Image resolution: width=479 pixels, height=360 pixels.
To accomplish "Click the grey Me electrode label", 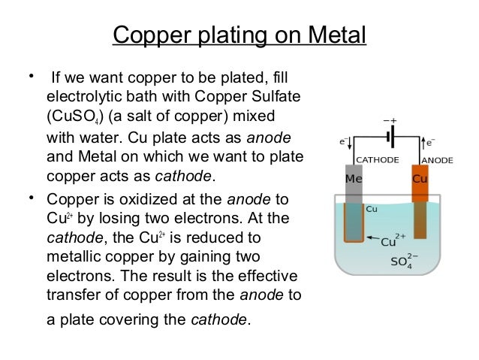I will click(352, 180).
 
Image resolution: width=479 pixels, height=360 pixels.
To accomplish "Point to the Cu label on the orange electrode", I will click(420, 180).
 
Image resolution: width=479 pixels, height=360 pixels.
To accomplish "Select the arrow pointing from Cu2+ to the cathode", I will click(373, 237).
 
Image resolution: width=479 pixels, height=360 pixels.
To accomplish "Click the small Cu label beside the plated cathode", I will click(371, 209).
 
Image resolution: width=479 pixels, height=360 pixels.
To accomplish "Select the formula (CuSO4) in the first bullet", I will click(77, 119).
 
